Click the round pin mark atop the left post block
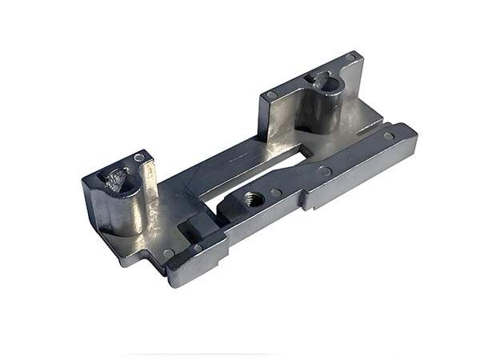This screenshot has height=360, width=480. [x=139, y=158]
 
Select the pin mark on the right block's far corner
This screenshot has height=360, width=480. [x=350, y=58]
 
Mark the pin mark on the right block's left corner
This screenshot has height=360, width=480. [x=271, y=95]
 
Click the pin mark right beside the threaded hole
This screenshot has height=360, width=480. [x=276, y=193]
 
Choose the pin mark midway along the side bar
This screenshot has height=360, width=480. [x=326, y=171]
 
